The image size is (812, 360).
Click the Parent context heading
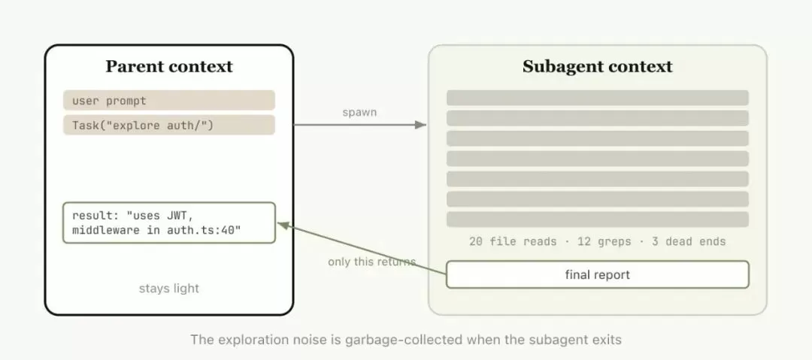click(x=169, y=67)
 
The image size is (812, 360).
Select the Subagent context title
click(x=598, y=67)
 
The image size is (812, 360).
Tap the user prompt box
click(x=169, y=101)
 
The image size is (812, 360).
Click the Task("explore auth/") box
click(x=169, y=126)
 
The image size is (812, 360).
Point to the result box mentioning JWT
click(x=169, y=222)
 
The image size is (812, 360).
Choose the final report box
click(x=598, y=274)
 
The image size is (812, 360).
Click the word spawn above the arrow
click(x=359, y=113)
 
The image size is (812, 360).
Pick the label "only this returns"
click(x=372, y=262)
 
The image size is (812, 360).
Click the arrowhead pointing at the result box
click(x=283, y=225)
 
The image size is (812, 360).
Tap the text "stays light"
click(x=169, y=289)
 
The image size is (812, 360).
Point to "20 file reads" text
click(x=513, y=241)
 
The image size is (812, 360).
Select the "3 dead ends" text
click(x=689, y=241)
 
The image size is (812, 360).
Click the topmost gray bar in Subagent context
click(x=598, y=98)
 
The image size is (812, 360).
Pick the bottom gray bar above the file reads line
click(x=598, y=219)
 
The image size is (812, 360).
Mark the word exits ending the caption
click(x=608, y=340)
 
